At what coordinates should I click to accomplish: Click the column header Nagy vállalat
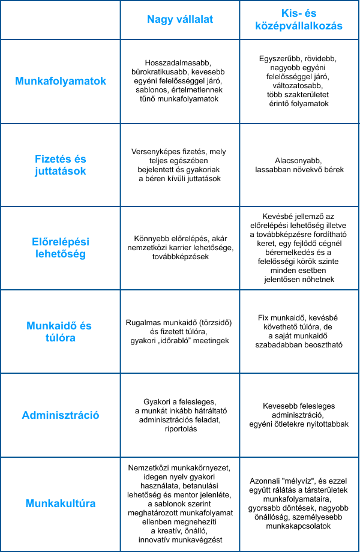(x=180, y=20)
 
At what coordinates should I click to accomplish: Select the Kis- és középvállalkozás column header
(x=299, y=20)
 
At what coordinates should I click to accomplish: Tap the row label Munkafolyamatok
(x=60, y=81)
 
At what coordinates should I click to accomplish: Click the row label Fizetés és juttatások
(x=60, y=165)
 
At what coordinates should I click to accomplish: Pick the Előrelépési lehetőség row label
(x=60, y=248)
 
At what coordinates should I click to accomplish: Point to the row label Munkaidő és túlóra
(x=60, y=332)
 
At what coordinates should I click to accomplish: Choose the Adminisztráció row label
(x=60, y=415)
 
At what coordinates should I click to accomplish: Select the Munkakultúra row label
(x=60, y=503)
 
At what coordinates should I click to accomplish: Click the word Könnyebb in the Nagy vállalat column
(x=145, y=239)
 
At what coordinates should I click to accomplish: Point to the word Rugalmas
(x=143, y=322)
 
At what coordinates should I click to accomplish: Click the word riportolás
(x=180, y=429)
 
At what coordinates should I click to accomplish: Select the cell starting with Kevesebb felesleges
(x=299, y=415)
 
